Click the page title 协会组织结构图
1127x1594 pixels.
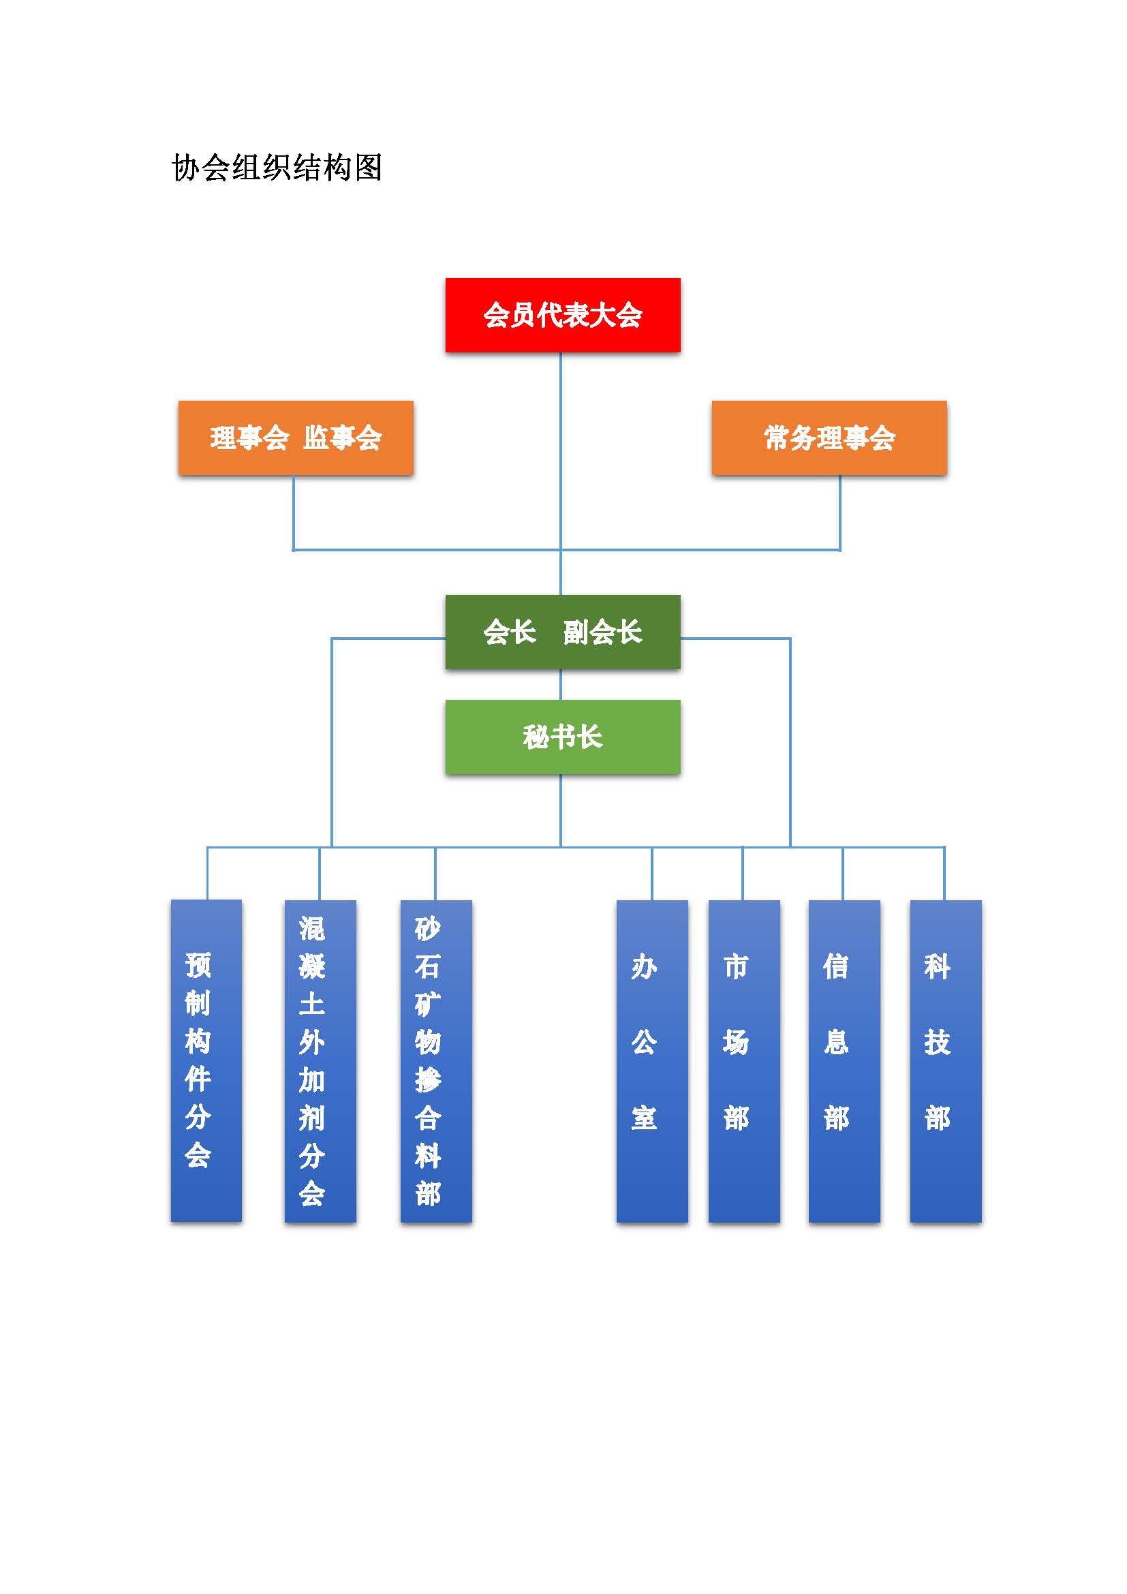click(277, 168)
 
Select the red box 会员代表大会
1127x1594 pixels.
click(563, 316)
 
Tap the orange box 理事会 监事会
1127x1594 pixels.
click(296, 438)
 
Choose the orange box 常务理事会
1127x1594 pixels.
click(829, 438)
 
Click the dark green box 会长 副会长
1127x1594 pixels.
click(563, 632)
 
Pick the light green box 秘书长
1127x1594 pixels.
click(563, 737)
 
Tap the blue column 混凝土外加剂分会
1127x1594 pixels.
click(320, 1061)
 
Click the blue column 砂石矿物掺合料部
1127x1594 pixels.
click(436, 1061)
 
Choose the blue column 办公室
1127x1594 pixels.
click(652, 1061)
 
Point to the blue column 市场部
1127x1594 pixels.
click(744, 1061)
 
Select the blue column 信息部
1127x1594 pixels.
click(844, 1061)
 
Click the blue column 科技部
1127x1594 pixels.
click(946, 1061)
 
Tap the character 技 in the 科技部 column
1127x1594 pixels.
click(937, 1042)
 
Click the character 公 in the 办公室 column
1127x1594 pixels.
click(644, 1042)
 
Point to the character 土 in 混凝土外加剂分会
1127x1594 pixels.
click(311, 1004)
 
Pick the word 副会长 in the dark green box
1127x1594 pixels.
click(602, 632)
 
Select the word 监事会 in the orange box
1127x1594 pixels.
click(343, 438)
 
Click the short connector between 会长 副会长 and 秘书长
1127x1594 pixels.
click(561, 684)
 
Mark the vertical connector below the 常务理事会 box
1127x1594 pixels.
click(839, 513)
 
